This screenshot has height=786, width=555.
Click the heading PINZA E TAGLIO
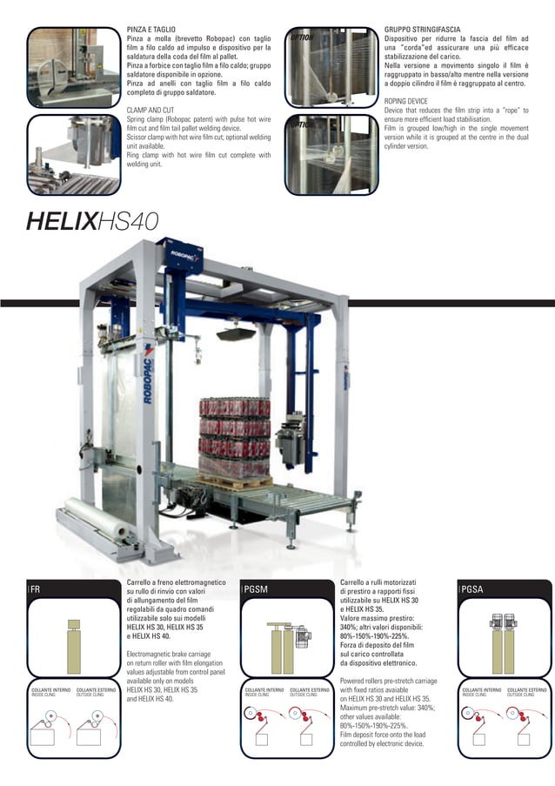[153, 30]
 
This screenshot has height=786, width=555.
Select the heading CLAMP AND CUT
[150, 111]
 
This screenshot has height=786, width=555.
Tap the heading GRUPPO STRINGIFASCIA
[422, 30]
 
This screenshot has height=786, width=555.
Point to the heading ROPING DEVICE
[407, 102]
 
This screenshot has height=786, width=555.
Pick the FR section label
[36, 589]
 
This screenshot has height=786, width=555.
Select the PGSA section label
[472, 589]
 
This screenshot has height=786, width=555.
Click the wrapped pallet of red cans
[236, 435]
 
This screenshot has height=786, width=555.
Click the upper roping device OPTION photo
[328, 70]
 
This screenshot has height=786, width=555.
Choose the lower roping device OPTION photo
[328, 155]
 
